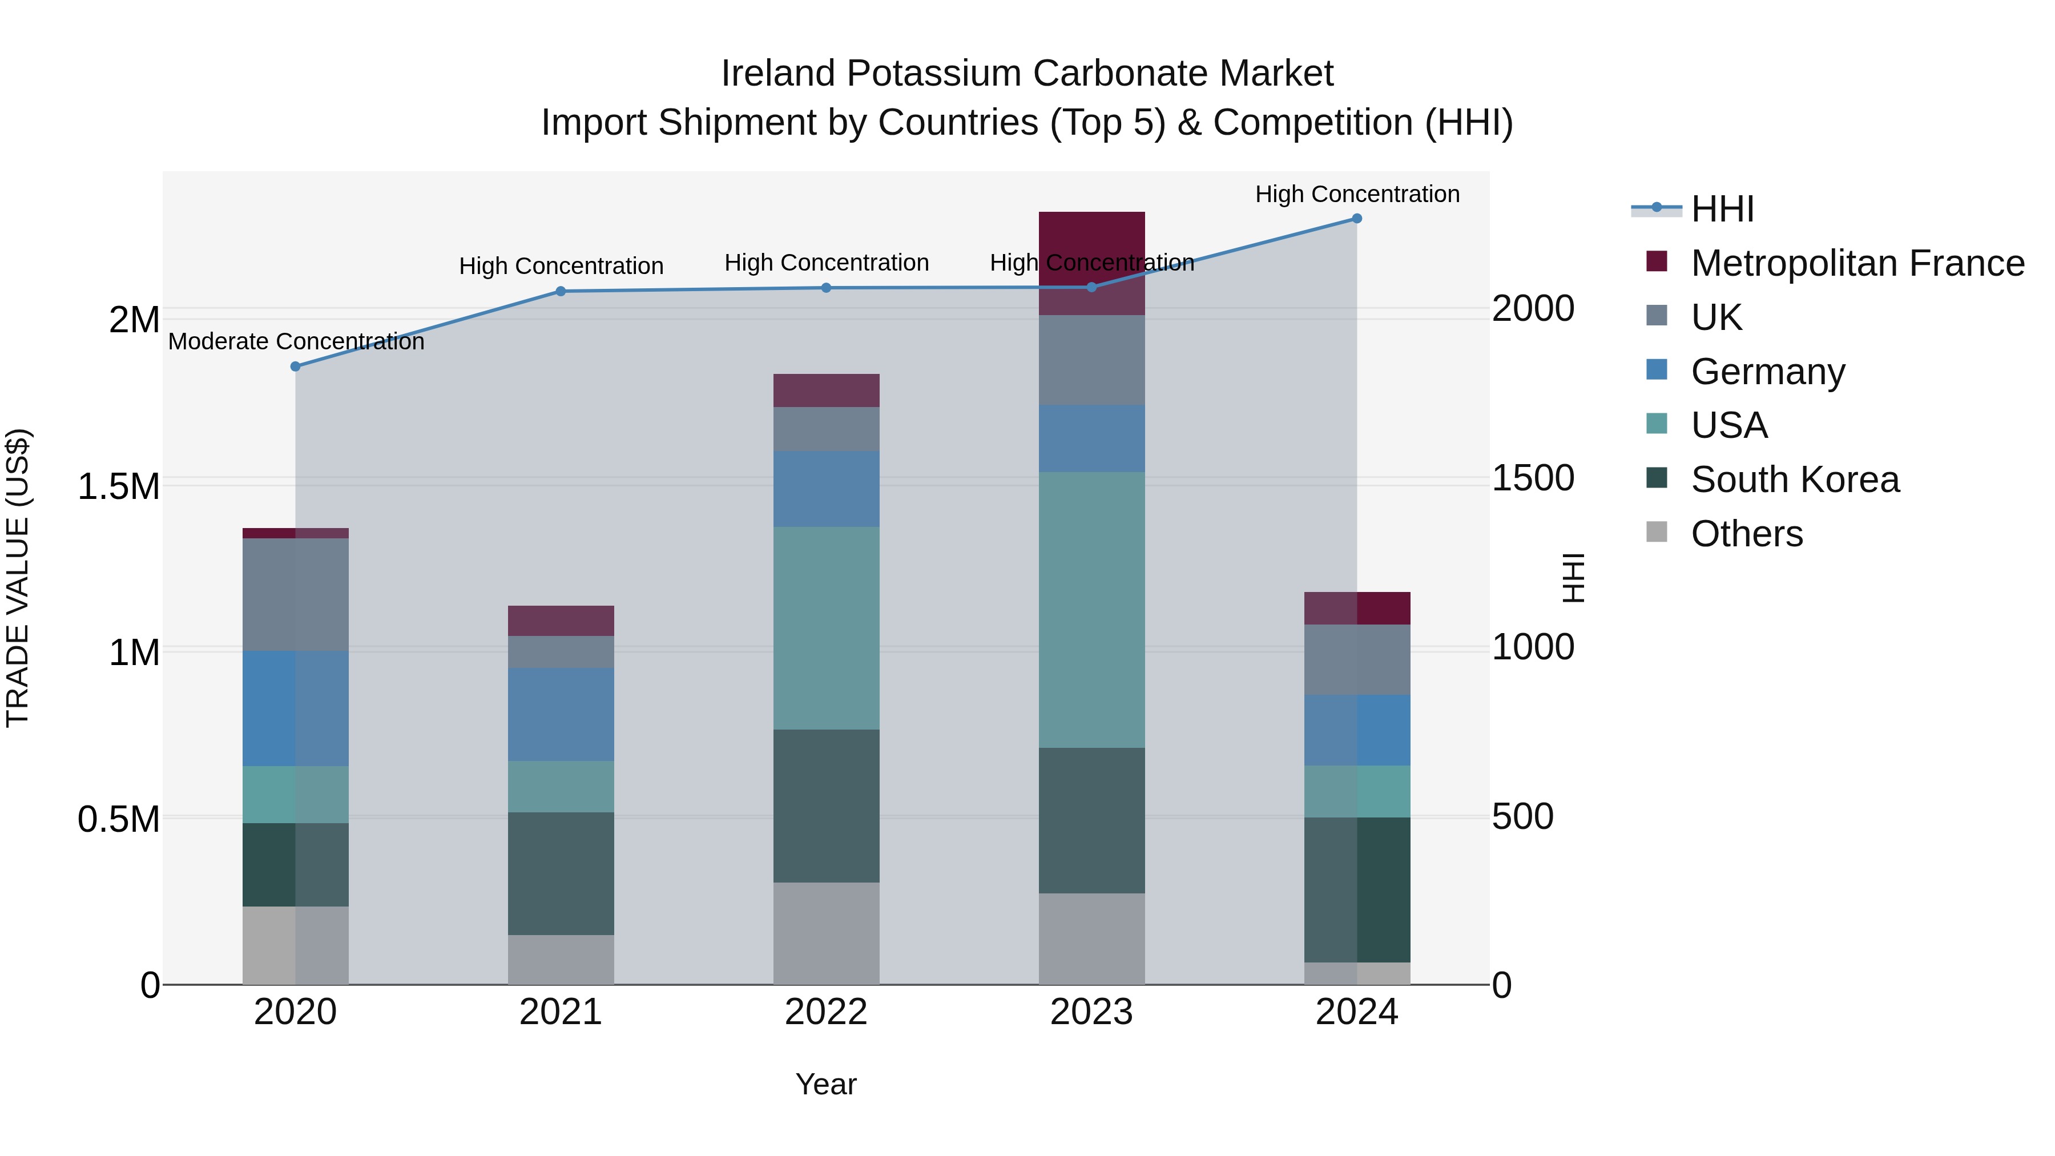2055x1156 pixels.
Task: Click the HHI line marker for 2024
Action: pos(1356,219)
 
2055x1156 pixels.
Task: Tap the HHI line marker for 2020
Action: pos(295,366)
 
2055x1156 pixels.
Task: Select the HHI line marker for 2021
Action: pos(561,291)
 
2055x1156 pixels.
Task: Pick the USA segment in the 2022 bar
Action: pos(827,628)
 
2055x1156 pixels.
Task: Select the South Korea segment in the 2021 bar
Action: pos(561,873)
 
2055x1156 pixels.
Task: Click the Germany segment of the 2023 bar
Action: pos(1091,438)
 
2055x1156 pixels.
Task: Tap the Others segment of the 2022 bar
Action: pos(827,933)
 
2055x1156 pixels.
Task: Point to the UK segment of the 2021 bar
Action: pos(561,652)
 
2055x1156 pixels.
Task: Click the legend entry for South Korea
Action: pos(1795,480)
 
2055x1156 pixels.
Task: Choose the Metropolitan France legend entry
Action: pos(1857,263)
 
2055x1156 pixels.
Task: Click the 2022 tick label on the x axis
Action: pos(827,1012)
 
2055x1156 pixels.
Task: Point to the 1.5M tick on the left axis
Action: pos(119,486)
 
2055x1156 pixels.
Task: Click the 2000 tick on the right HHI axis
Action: pos(1533,309)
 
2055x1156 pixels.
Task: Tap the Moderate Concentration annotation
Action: pos(296,341)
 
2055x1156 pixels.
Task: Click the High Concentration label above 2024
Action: pos(1357,194)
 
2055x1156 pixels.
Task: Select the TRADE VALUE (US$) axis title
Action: pos(18,578)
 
